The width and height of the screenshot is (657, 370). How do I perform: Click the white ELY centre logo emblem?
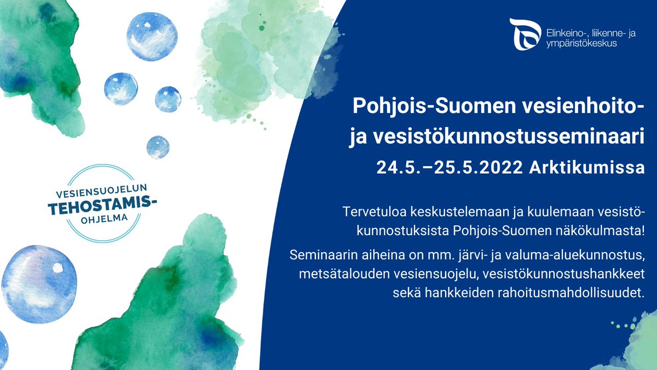(x=525, y=34)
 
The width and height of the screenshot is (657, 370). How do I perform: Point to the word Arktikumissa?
(x=587, y=168)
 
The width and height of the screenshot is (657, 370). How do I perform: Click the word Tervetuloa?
(x=371, y=212)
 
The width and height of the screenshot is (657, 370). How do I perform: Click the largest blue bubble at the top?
(x=152, y=37)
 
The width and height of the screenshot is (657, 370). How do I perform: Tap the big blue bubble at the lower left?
(x=39, y=283)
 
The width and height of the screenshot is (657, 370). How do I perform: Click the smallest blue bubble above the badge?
(x=158, y=147)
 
